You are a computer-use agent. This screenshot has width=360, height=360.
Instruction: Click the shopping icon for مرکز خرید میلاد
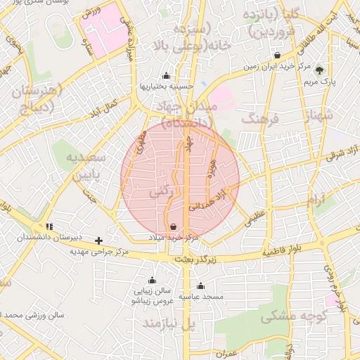[x=174, y=226]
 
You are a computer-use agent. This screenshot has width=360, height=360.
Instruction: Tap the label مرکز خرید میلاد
[x=174, y=238]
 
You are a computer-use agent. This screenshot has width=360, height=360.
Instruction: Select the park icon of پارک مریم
[x=320, y=70]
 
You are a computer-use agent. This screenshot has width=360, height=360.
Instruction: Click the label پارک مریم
[x=320, y=81]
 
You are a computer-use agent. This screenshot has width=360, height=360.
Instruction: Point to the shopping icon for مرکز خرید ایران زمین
[x=278, y=56]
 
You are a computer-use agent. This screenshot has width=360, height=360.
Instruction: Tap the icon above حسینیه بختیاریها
[x=166, y=76]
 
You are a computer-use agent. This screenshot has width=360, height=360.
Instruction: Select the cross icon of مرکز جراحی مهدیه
[x=98, y=240]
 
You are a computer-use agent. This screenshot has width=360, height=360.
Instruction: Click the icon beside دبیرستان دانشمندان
[x=49, y=226]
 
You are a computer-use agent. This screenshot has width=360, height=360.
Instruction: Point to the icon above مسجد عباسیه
[x=200, y=286]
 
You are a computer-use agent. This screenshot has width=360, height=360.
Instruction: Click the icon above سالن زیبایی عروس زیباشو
[x=152, y=281]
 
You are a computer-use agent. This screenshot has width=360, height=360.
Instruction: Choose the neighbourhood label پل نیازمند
[x=167, y=324]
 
